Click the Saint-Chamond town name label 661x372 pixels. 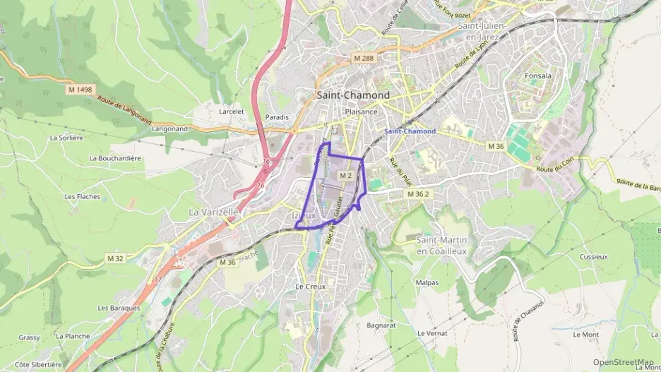[352, 95]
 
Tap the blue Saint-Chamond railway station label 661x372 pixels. [410, 131]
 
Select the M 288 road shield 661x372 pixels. [364, 58]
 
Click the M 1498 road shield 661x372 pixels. [81, 90]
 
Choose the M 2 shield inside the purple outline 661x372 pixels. [345, 174]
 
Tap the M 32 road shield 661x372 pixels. [115, 258]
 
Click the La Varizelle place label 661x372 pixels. [213, 212]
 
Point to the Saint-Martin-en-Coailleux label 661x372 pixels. [441, 246]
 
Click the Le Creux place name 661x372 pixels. [309, 287]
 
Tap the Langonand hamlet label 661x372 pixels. [169, 129]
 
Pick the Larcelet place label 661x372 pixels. [231, 111]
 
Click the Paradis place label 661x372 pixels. [276, 116]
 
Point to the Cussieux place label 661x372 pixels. [593, 257]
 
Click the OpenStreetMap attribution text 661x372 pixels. [623, 362]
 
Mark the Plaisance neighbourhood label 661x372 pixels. [361, 112]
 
